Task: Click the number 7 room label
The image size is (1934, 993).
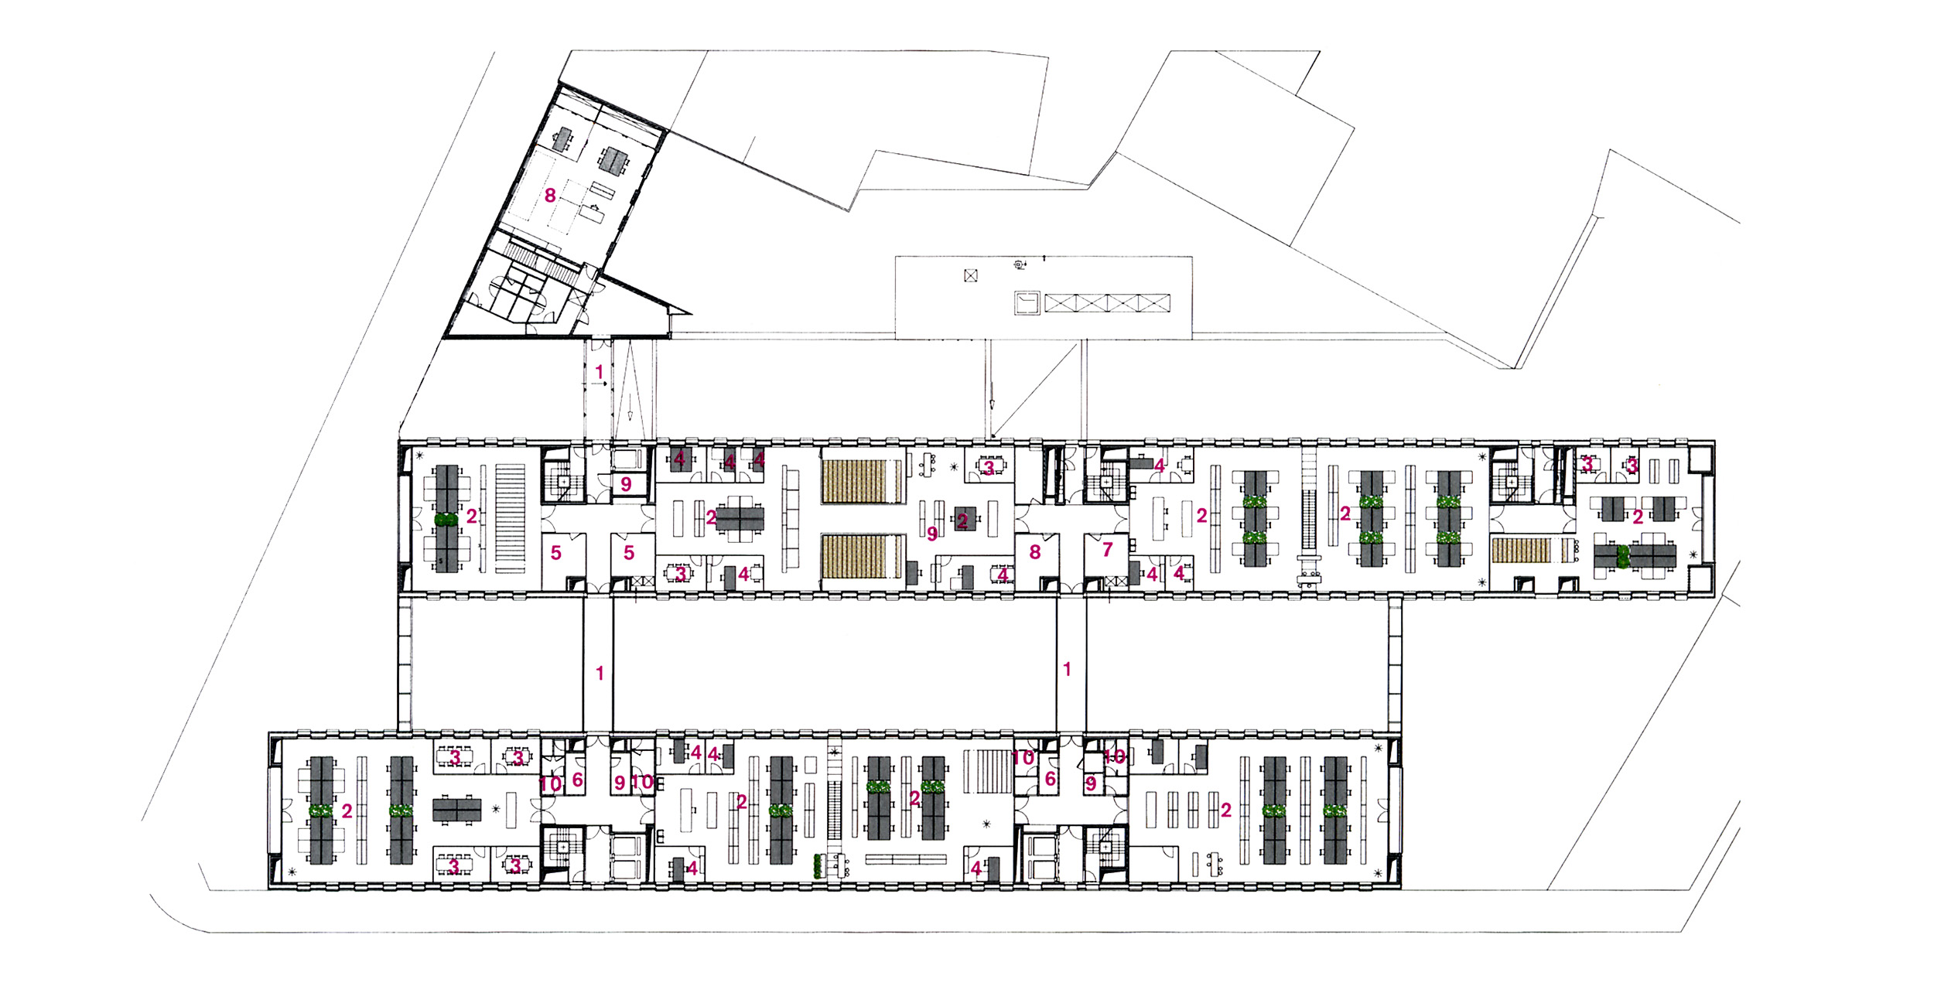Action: (1108, 550)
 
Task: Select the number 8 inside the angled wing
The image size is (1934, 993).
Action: (550, 196)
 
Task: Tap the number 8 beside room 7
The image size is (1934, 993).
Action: (1035, 552)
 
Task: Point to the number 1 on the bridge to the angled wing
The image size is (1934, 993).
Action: (599, 373)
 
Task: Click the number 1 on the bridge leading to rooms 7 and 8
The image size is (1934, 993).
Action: (1068, 670)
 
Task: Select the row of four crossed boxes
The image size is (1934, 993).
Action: (1108, 302)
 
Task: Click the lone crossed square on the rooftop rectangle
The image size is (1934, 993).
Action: (972, 275)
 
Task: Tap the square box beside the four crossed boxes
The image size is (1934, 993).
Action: (1027, 302)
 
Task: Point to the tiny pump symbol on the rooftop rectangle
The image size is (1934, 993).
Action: (1020, 265)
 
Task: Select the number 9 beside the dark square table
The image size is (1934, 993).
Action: (932, 534)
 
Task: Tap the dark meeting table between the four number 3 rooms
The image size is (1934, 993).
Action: (456, 810)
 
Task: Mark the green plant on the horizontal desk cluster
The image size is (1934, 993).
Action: (1623, 556)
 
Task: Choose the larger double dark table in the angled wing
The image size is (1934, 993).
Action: (615, 160)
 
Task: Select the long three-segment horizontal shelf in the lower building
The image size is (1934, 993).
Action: (906, 858)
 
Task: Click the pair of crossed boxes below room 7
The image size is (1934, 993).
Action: (1111, 582)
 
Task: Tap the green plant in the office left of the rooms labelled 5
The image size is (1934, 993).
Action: (445, 520)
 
